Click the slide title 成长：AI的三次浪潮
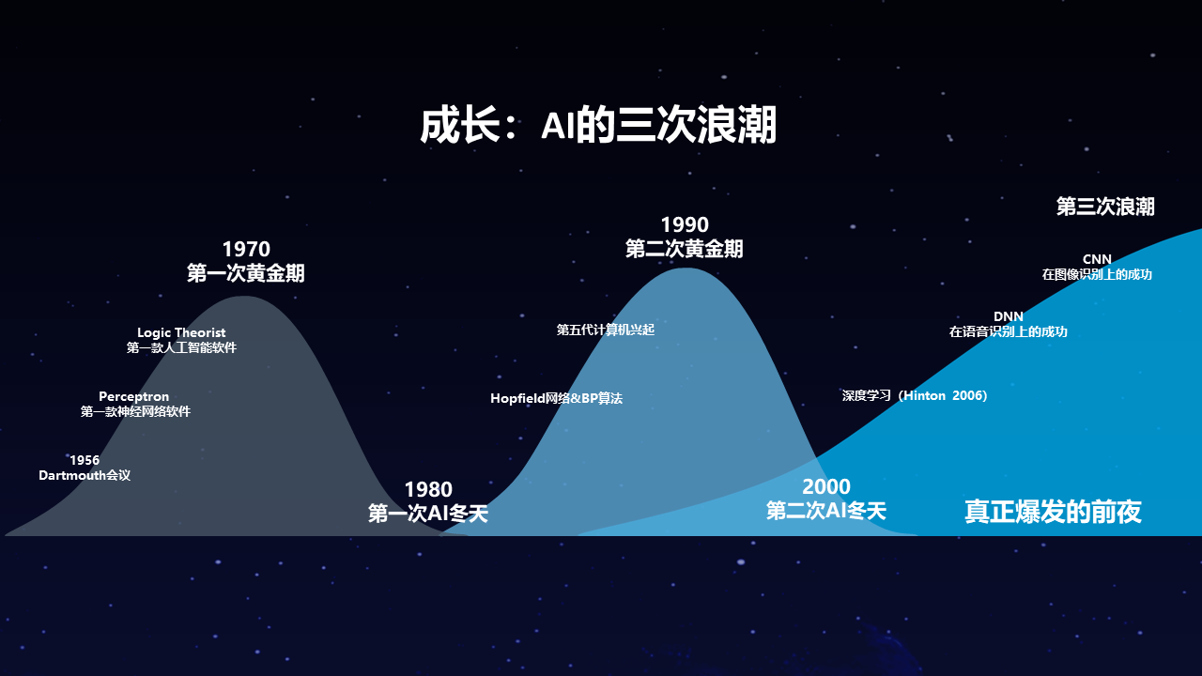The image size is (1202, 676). pyautogui.click(x=598, y=126)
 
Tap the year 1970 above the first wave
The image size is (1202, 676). pyautogui.click(x=246, y=249)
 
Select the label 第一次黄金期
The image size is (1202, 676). pyautogui.click(x=246, y=273)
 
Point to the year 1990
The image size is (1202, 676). pyautogui.click(x=685, y=224)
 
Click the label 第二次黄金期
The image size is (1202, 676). pyautogui.click(x=685, y=249)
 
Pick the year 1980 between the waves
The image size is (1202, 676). pyautogui.click(x=428, y=489)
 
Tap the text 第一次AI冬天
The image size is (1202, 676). pyautogui.click(x=428, y=514)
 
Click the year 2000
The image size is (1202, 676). pyautogui.click(x=826, y=486)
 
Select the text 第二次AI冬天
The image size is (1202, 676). pyautogui.click(x=826, y=511)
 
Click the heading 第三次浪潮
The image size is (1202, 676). pyautogui.click(x=1105, y=207)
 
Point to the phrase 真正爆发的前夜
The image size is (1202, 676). pyautogui.click(x=1053, y=512)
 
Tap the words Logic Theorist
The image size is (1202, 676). pyautogui.click(x=181, y=332)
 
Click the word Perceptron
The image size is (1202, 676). pyautogui.click(x=134, y=396)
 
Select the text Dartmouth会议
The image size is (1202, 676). pyautogui.click(x=85, y=475)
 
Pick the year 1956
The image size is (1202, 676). pyautogui.click(x=85, y=460)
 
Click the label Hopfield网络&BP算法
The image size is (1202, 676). pyautogui.click(x=556, y=398)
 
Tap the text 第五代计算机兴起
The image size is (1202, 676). pyautogui.click(x=606, y=330)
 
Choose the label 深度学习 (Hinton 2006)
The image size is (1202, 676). pyautogui.click(x=915, y=395)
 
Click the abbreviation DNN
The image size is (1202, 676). pyautogui.click(x=1009, y=316)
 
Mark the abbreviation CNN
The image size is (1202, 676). pyautogui.click(x=1097, y=259)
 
